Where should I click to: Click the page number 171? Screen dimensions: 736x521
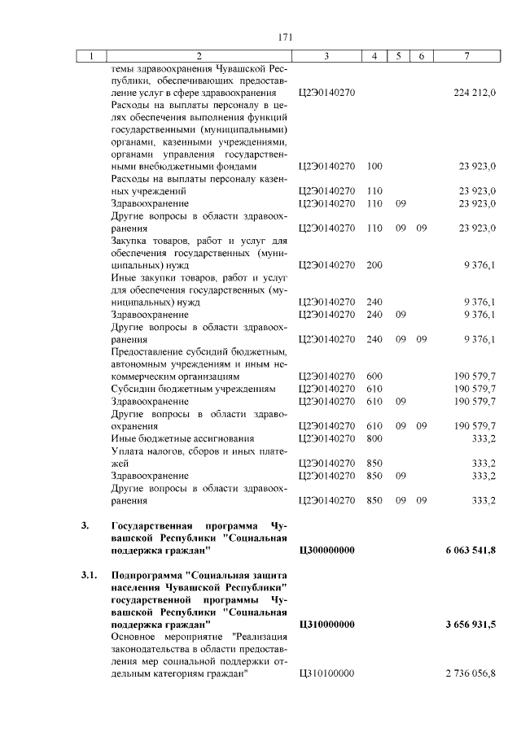click(x=285, y=37)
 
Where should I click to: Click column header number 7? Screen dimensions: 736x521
click(x=466, y=55)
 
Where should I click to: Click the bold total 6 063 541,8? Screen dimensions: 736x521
click(x=471, y=551)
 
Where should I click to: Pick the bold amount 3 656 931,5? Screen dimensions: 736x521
click(x=471, y=624)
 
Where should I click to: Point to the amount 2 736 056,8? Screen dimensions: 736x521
click(x=471, y=672)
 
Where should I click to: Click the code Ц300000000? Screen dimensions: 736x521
click(x=327, y=551)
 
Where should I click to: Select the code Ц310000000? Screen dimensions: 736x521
click(x=327, y=624)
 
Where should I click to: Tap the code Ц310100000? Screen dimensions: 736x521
click(x=327, y=672)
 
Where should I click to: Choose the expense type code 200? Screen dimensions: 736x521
click(x=374, y=264)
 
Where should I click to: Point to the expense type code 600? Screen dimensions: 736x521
click(x=374, y=377)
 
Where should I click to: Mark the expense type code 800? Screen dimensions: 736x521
click(x=374, y=438)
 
